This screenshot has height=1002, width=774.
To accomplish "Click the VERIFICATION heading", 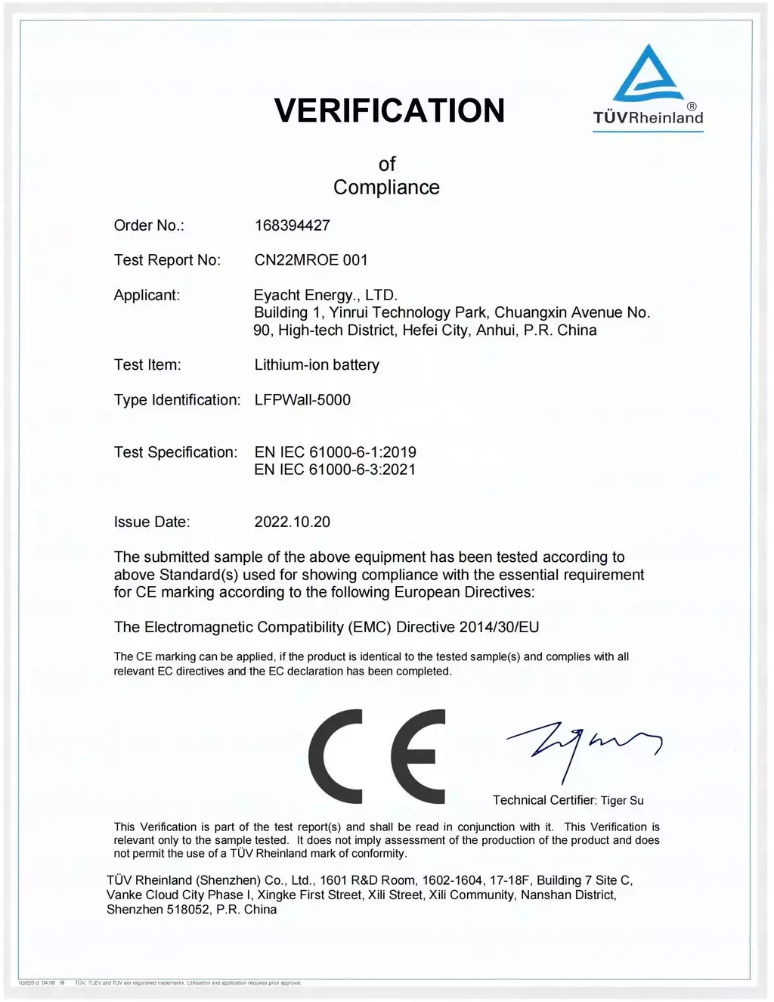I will pos(389,110).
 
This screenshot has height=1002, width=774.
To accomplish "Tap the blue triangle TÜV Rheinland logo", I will pos(648,76).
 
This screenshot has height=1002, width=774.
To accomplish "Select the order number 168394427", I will pos(293,225).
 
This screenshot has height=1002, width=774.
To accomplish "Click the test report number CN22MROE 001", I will pos(311,260).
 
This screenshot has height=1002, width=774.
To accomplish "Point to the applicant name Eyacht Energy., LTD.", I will pos(326,295).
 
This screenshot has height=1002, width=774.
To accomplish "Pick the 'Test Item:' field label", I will pos(147,365).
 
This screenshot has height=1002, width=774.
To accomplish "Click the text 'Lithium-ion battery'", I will pos(317,365).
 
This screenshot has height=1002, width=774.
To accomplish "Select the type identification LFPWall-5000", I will pos(302,399).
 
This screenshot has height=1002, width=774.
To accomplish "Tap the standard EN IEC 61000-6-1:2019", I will pos(336,452).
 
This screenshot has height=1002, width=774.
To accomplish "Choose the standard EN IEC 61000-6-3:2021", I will pos(336,470).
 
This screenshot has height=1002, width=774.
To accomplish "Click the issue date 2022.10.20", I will pos(293,522).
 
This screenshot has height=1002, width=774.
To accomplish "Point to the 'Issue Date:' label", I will pos(152,522).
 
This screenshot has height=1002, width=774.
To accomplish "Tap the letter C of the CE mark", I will pos(338,756).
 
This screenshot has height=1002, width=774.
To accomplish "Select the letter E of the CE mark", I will pos(417,756).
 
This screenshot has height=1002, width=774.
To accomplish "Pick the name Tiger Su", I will pos(622,800).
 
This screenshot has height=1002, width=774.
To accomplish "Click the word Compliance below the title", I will pos(386,188).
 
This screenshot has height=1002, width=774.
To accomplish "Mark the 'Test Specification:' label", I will pos(175,452).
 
